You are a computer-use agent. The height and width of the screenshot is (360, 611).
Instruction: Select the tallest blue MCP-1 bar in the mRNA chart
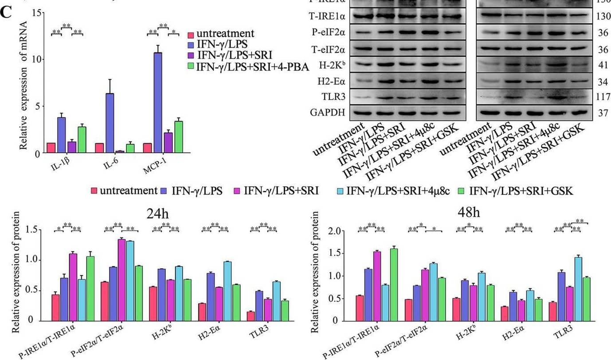coord(157,102)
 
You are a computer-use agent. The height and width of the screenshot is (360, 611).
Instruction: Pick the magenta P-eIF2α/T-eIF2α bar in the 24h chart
coord(121,279)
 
